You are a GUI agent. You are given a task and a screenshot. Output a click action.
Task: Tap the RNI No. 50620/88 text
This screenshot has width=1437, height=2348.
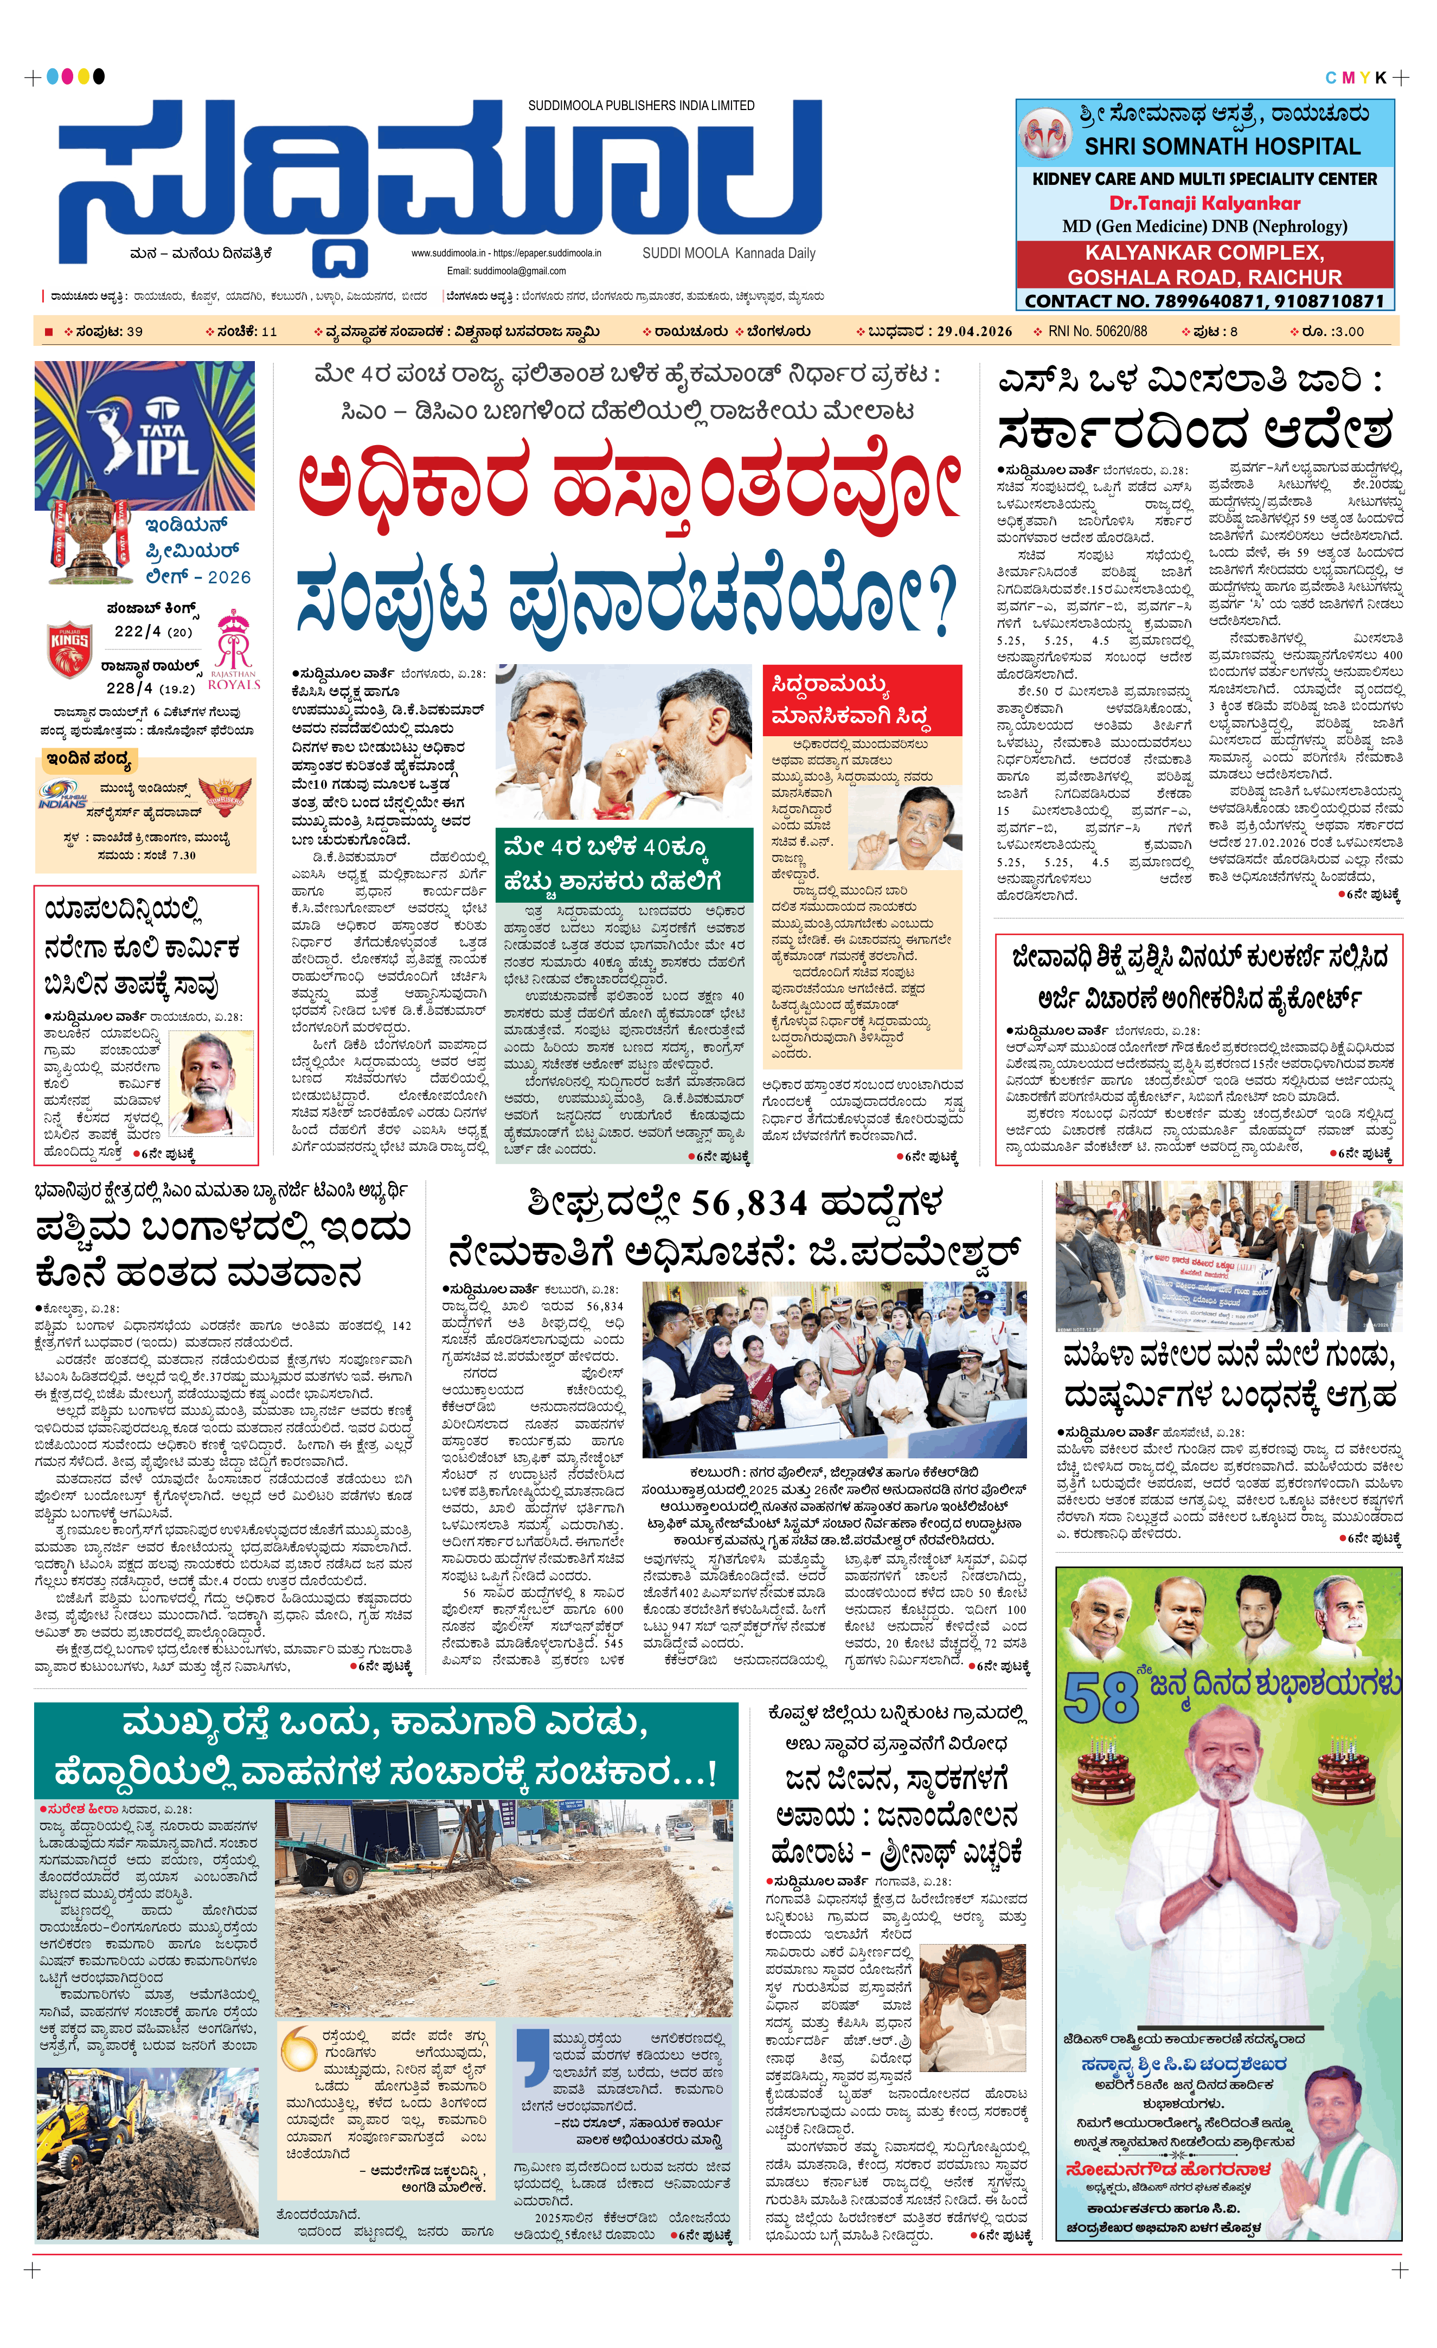point(1097,332)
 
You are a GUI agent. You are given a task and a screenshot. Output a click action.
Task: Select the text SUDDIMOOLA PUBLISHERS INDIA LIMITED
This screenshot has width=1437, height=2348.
point(641,106)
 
